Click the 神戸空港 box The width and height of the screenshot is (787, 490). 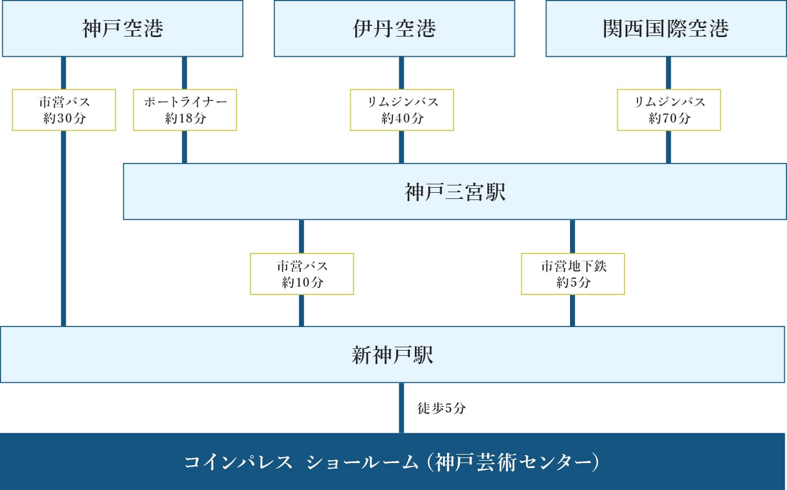[123, 29]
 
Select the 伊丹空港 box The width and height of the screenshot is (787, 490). [394, 29]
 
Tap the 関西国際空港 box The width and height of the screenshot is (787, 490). [666, 29]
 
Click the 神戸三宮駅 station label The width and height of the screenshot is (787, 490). [455, 192]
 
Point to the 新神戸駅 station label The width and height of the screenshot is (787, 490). [392, 355]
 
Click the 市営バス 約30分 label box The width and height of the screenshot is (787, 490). [64, 110]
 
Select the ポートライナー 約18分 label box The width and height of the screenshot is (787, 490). [185, 110]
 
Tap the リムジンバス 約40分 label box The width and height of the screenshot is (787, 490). [402, 110]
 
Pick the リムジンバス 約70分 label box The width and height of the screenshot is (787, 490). [669, 110]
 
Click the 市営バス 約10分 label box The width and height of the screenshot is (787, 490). [302, 274]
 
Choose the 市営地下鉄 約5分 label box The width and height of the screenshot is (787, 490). [573, 274]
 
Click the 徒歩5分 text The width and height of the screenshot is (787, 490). [441, 409]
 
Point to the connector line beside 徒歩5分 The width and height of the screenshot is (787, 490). [401, 408]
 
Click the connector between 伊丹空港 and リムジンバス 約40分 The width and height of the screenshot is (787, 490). [401, 73]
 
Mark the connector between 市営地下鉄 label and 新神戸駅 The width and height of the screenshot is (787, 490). [572, 310]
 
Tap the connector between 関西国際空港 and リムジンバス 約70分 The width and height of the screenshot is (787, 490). [668, 73]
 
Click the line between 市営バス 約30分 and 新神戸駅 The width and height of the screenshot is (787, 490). [64, 228]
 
